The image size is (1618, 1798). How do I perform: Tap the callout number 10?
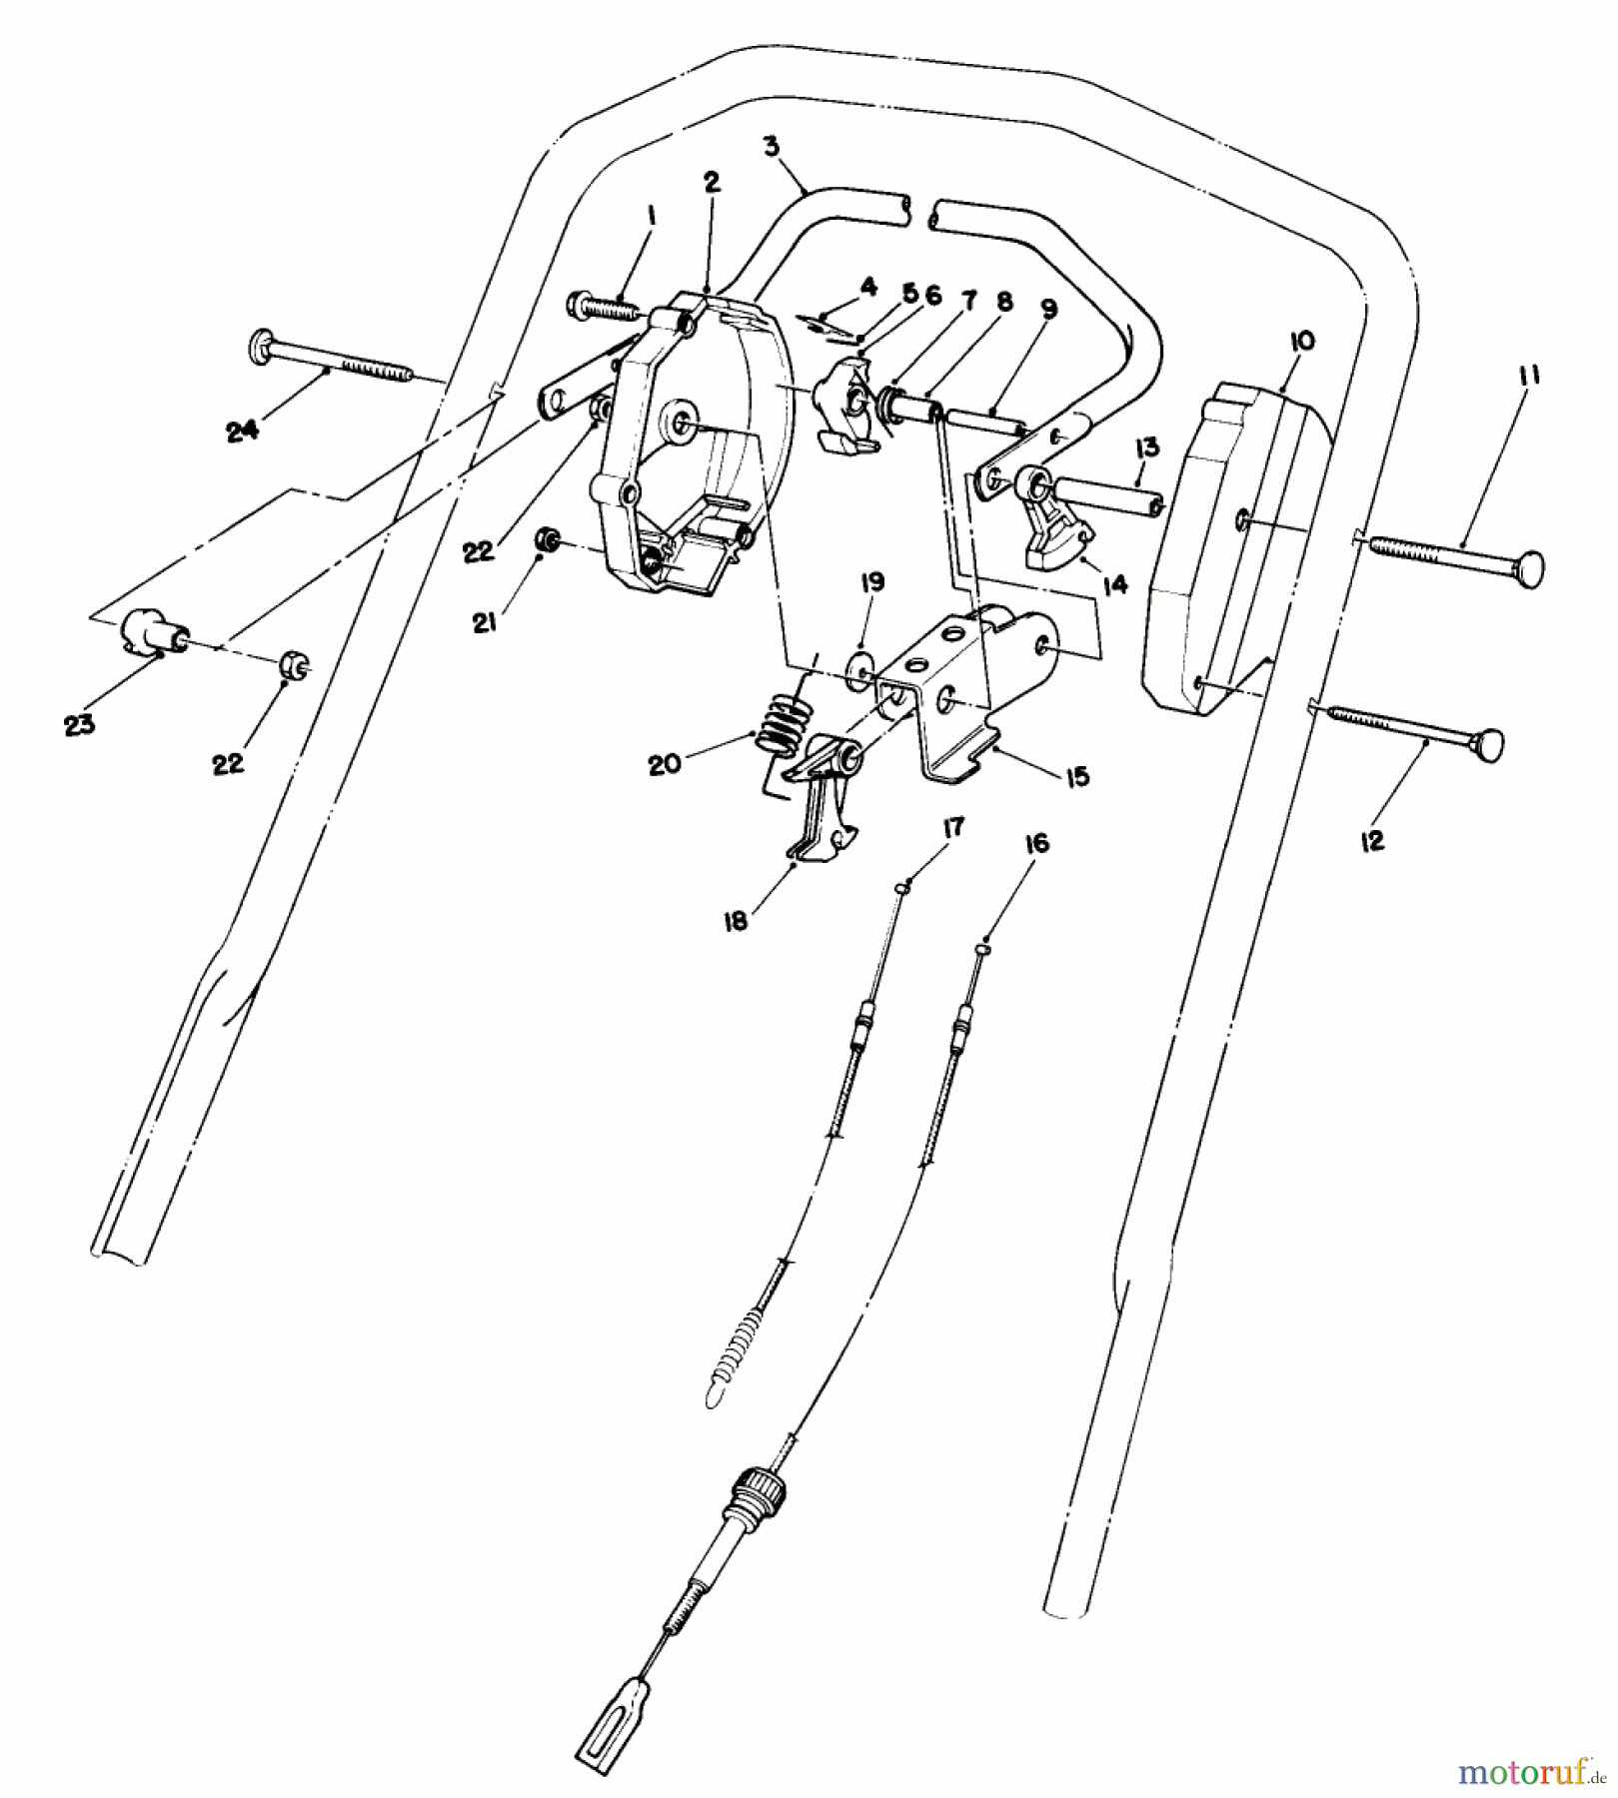(1302, 342)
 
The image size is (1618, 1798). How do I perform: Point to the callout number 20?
(665, 764)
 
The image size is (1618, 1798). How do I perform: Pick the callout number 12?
(1372, 840)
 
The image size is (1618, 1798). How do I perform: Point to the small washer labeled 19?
(858, 667)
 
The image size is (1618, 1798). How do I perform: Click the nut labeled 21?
(547, 540)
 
